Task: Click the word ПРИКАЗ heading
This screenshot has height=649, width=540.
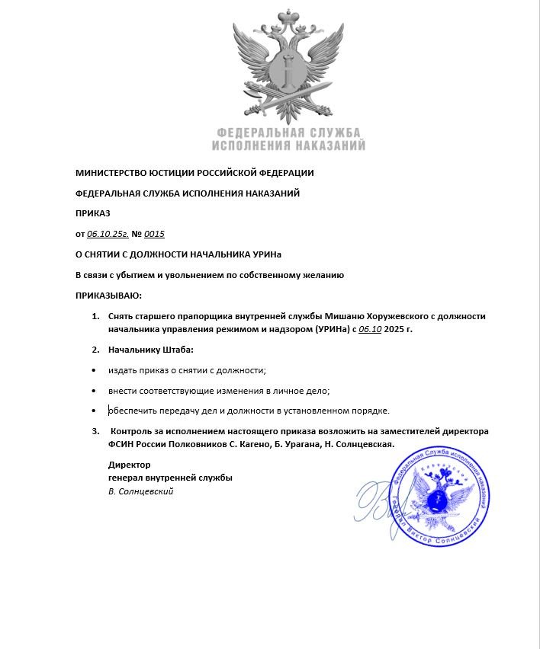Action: (x=93, y=213)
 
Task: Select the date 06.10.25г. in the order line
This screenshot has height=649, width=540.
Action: (x=108, y=234)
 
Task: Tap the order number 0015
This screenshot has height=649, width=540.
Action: (x=155, y=234)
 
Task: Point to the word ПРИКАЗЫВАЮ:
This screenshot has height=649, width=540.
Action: (x=108, y=295)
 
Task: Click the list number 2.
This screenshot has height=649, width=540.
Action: (x=95, y=350)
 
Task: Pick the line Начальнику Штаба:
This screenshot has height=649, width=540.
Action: (x=151, y=350)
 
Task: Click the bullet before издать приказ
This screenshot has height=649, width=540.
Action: (x=94, y=370)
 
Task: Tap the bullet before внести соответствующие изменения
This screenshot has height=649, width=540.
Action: (x=94, y=391)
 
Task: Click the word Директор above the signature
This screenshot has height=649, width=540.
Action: (x=129, y=464)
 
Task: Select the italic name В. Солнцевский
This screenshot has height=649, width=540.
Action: (x=141, y=491)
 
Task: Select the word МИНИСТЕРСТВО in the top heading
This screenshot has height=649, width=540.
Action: (x=113, y=173)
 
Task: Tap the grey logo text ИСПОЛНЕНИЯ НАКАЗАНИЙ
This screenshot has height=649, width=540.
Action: (x=288, y=145)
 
